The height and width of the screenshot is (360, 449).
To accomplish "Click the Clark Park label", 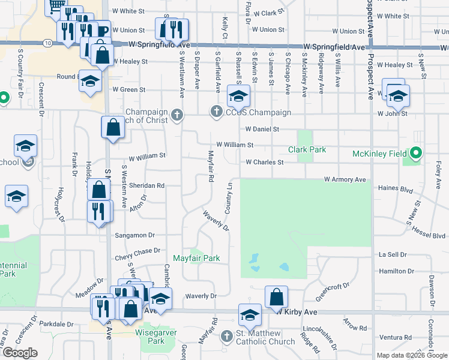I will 307,149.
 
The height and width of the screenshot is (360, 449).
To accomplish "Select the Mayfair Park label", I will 196,258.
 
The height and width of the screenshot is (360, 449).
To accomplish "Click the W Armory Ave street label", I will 345,179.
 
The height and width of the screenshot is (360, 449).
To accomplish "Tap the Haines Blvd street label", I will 396,188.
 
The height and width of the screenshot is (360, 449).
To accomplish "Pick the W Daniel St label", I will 262,129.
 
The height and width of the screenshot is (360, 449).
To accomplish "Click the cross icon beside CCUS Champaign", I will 217,112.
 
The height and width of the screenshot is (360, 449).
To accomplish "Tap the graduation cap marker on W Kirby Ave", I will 250,313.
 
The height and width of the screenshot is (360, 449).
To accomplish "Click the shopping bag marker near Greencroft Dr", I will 276,296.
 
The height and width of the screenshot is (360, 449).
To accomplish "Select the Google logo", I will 19,353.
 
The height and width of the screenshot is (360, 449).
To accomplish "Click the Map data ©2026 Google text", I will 411,355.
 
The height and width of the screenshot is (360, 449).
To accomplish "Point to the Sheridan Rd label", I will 144,186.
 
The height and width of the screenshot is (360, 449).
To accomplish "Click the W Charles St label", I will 264,162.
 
